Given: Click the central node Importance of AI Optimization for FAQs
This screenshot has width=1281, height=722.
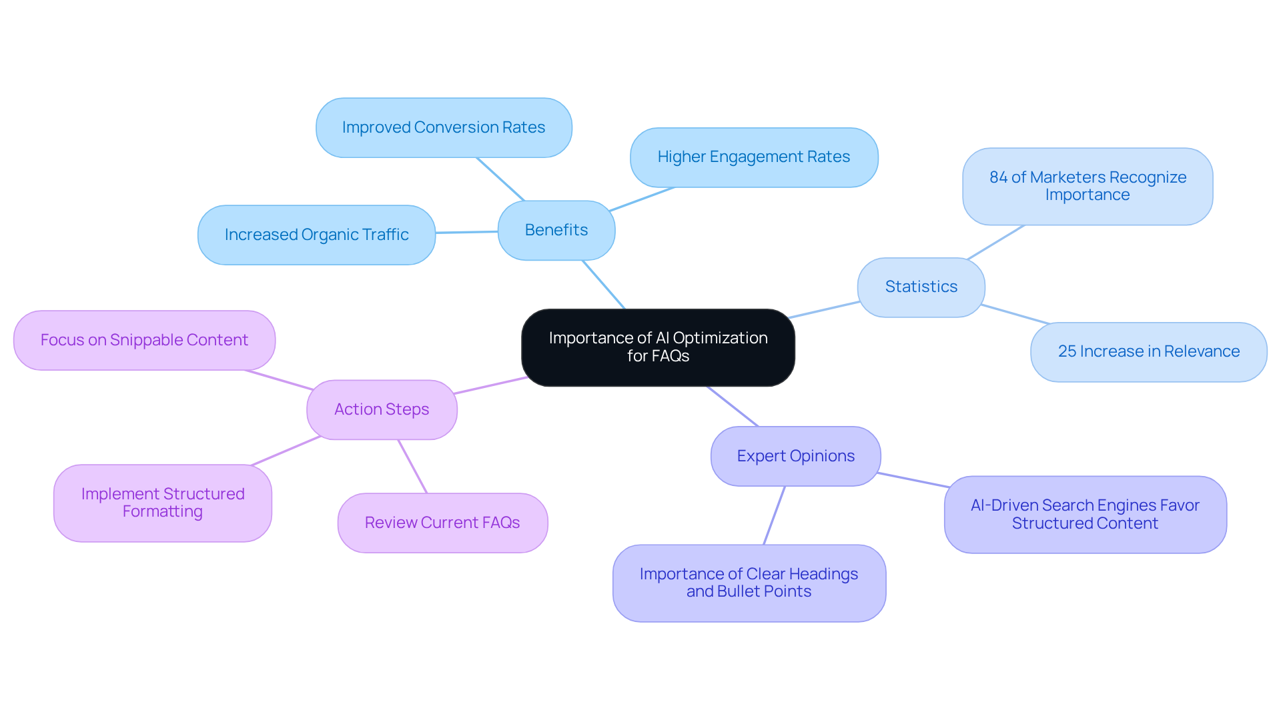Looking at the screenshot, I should click(x=658, y=347).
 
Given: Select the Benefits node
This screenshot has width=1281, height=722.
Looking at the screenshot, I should click(x=556, y=230).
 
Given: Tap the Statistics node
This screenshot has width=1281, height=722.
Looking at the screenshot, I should click(x=921, y=287).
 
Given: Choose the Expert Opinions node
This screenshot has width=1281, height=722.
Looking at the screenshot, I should click(x=795, y=456).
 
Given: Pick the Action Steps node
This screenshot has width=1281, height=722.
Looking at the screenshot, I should click(x=382, y=409).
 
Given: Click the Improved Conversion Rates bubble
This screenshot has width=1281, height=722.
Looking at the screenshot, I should click(x=444, y=127).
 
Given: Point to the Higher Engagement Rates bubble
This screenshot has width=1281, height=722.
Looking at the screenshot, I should click(x=754, y=157).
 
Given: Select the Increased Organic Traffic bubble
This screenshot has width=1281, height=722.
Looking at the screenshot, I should click(x=316, y=235).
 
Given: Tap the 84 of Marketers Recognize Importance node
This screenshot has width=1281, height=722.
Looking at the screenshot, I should click(x=1088, y=186).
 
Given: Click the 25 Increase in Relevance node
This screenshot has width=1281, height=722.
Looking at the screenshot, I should click(x=1148, y=351).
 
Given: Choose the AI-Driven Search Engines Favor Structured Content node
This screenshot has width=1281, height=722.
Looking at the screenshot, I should click(x=1085, y=514).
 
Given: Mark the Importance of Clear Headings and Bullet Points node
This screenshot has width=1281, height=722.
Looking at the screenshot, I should click(x=749, y=583).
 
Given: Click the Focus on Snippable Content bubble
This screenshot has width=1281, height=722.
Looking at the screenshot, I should click(x=144, y=340).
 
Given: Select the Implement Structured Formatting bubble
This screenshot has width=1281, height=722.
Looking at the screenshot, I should click(x=163, y=503).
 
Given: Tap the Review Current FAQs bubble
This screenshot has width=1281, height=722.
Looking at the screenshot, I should click(x=442, y=523).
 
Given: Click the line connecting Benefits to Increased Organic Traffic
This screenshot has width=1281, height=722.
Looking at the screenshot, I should click(x=466, y=232).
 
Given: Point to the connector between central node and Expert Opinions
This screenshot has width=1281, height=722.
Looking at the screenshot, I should click(x=733, y=406).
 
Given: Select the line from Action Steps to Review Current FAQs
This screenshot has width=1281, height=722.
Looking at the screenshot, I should click(x=412, y=466).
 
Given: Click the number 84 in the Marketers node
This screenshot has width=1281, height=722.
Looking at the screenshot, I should click(x=998, y=177).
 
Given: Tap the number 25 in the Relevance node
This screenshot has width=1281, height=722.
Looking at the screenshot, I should click(x=1067, y=351).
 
